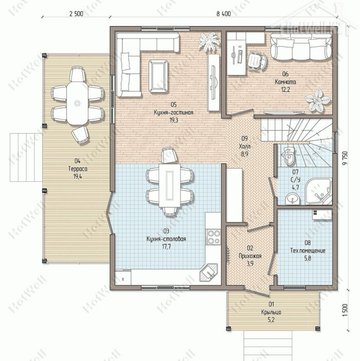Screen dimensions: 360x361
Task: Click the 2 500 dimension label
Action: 76,14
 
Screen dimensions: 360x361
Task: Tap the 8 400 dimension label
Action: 223,14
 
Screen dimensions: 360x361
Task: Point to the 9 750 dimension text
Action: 345,158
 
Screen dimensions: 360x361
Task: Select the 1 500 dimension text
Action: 345,310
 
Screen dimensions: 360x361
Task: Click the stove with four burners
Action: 214,237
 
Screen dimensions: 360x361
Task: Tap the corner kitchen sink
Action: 208,273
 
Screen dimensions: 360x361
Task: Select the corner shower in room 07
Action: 319,191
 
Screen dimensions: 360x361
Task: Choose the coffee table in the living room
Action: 158,76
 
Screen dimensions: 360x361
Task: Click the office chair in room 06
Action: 257,61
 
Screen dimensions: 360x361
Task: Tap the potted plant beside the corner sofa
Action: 208,42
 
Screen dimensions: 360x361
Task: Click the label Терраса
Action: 78,169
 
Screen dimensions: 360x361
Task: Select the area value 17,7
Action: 166,246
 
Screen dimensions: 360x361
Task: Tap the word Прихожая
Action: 250,256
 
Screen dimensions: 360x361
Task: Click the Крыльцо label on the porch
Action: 271,312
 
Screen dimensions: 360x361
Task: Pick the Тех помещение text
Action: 308,250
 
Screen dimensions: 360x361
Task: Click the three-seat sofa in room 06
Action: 301,47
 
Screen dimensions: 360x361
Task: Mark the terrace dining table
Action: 77,103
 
